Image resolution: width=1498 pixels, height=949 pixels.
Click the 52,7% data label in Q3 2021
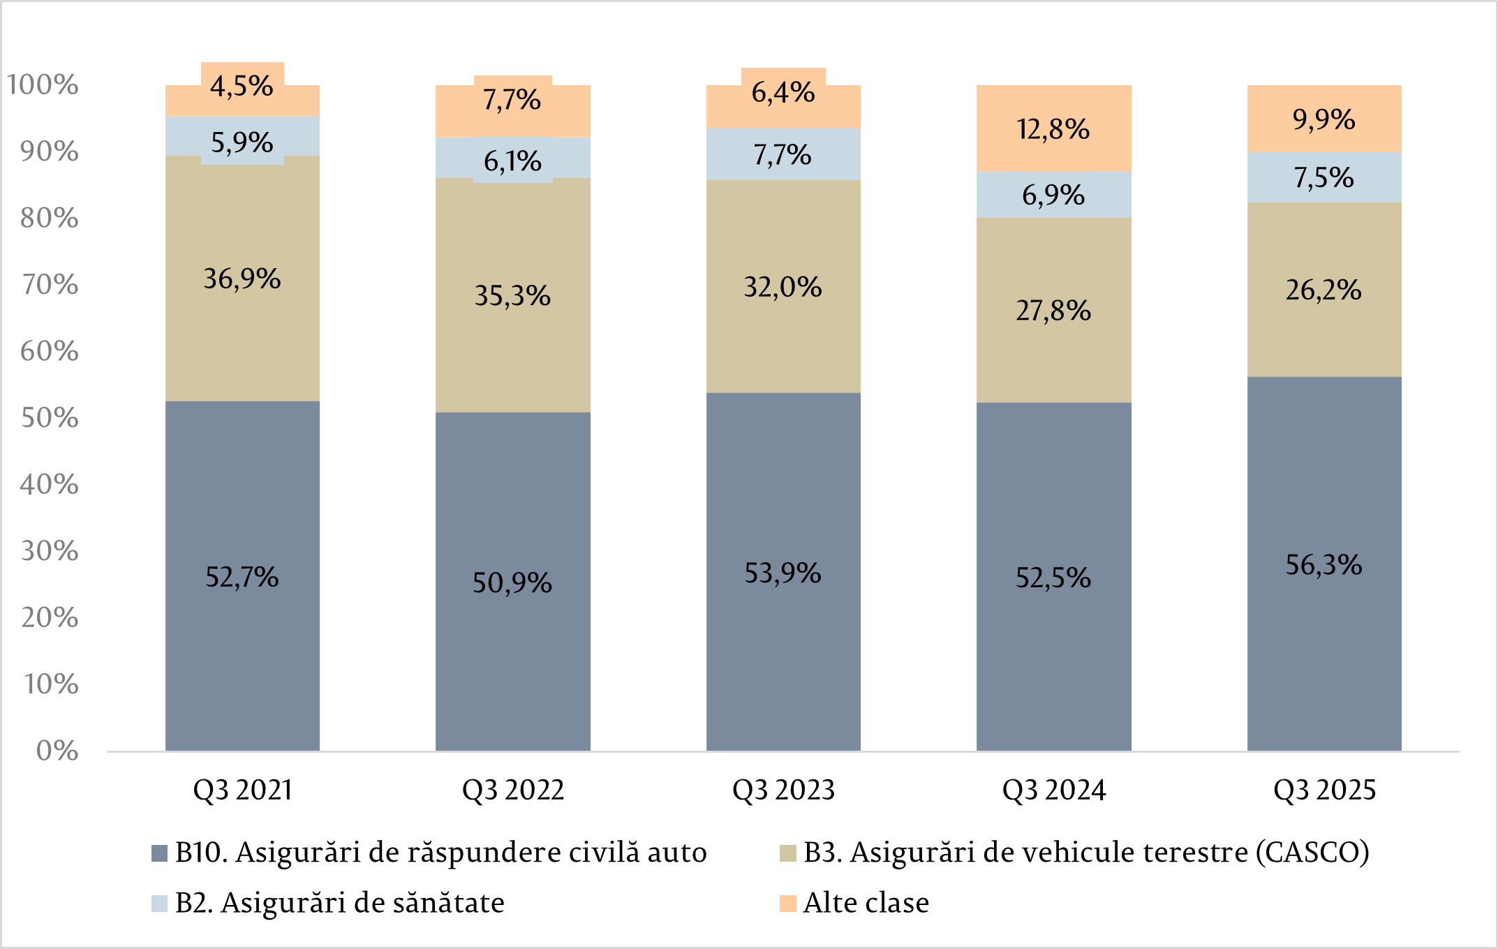242,578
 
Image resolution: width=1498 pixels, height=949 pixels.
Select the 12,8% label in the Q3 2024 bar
1053,129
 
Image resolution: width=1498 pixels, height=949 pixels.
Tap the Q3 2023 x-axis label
783,790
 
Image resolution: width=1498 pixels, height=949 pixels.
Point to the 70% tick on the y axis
49,284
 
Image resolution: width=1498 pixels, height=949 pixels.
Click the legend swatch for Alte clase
788,903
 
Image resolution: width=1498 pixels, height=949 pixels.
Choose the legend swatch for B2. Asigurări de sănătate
159,903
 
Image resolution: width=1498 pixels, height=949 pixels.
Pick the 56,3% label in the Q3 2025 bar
1323,565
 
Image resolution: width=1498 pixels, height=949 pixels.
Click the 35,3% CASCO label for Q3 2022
512,296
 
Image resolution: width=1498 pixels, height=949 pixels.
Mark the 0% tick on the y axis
57,751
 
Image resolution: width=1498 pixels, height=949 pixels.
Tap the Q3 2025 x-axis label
1324,790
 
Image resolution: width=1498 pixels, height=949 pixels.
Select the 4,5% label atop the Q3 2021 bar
242,86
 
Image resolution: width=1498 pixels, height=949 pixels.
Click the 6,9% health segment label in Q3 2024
1053,195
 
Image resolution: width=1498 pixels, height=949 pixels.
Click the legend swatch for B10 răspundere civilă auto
159,853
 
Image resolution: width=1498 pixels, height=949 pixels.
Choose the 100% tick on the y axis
42,84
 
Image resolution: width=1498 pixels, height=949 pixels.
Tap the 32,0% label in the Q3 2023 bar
783,287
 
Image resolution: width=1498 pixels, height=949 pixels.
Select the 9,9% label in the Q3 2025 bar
1323,119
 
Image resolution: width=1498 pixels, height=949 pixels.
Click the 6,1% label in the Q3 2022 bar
512,161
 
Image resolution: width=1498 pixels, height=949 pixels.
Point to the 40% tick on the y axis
49,484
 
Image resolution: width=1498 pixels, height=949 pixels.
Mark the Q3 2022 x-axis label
513,790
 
